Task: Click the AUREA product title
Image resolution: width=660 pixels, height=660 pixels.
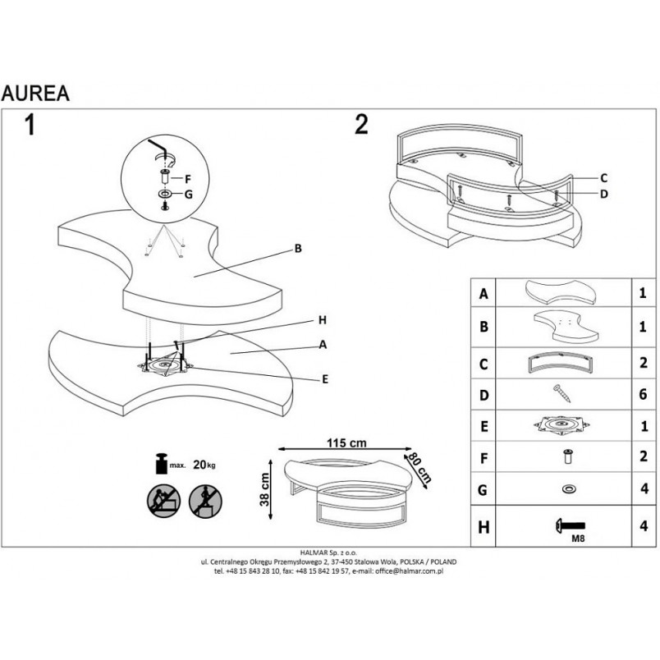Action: click(35, 94)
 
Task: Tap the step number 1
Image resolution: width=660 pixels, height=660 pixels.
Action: click(30, 125)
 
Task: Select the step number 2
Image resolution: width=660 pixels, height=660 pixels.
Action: click(361, 124)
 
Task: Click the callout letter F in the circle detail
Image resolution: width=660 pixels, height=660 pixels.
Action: click(188, 179)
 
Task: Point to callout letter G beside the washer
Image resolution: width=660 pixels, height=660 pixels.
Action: click(188, 195)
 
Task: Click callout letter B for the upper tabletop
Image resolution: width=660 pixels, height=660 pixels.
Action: click(298, 249)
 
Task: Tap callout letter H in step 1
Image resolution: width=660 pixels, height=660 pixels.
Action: click(323, 320)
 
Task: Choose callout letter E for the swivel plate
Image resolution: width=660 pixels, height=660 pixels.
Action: click(325, 379)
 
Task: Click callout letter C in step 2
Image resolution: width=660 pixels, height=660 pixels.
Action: click(603, 178)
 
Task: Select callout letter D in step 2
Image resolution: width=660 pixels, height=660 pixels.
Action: click(604, 194)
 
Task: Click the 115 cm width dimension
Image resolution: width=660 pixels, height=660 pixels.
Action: click(346, 442)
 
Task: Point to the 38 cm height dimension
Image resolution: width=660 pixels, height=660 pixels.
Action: click(264, 489)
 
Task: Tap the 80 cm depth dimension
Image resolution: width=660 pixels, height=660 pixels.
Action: click(420, 467)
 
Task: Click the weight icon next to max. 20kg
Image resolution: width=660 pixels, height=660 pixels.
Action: click(162, 464)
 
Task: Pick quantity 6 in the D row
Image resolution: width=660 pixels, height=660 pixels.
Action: click(643, 394)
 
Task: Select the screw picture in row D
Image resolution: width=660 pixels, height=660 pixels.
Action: click(562, 393)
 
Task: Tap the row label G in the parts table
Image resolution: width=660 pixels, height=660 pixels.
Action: click(483, 490)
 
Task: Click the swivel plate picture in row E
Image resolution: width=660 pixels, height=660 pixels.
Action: click(561, 425)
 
